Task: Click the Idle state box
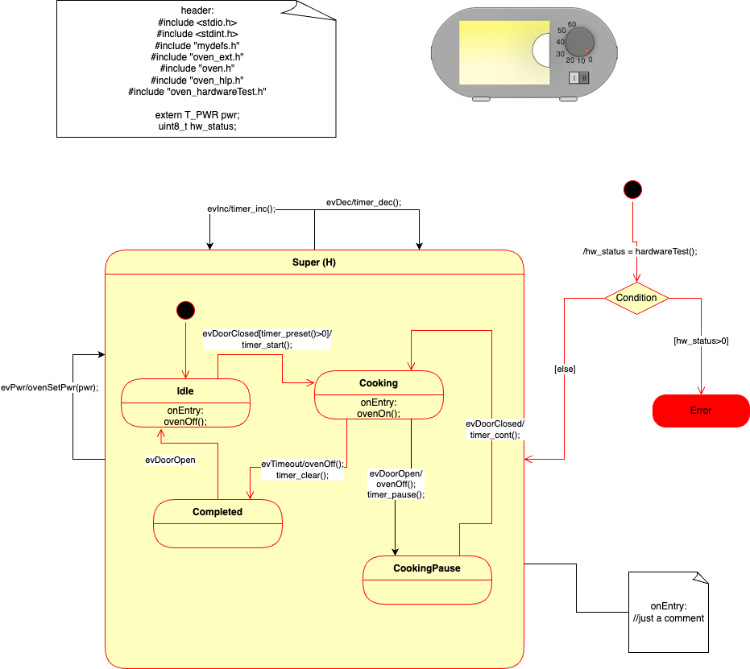(x=186, y=403)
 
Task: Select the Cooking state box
(x=379, y=394)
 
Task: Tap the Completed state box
(x=218, y=523)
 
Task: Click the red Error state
(x=701, y=411)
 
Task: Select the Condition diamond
(x=636, y=298)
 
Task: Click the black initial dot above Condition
(x=633, y=190)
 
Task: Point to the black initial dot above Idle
(x=186, y=310)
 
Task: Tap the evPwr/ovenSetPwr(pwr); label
(x=50, y=386)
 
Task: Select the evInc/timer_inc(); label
(x=242, y=209)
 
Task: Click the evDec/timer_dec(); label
(x=363, y=202)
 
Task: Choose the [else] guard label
(x=565, y=369)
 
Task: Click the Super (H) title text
(x=314, y=262)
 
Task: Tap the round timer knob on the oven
(x=579, y=42)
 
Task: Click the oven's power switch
(x=579, y=77)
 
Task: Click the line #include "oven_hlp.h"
(x=197, y=81)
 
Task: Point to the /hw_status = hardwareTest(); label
(x=640, y=251)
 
